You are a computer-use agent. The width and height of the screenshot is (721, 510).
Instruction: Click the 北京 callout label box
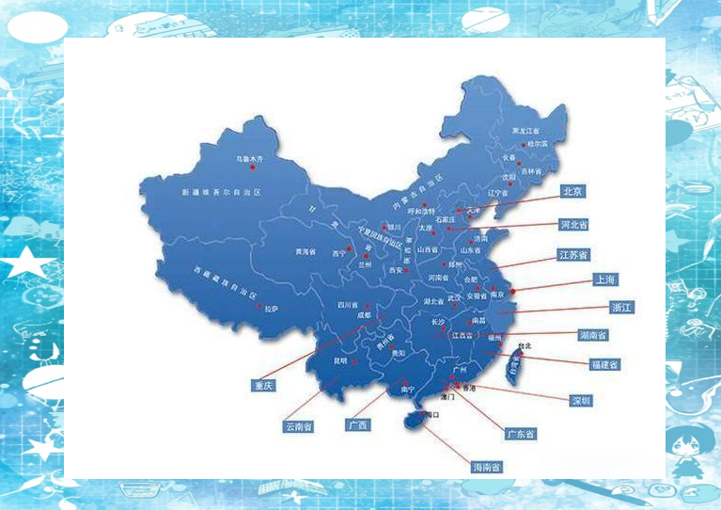click(x=572, y=191)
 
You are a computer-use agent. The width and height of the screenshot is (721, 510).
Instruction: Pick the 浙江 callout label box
click(x=622, y=308)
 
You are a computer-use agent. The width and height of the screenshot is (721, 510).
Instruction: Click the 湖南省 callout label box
click(x=592, y=335)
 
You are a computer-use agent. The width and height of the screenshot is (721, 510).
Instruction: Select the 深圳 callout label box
click(x=581, y=401)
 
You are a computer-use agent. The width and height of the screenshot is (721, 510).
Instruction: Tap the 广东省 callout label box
click(x=520, y=434)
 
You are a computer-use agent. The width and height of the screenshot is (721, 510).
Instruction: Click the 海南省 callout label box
click(x=486, y=467)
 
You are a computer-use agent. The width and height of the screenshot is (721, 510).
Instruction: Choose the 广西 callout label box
click(x=357, y=425)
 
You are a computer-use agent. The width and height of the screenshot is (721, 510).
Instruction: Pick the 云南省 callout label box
click(x=298, y=426)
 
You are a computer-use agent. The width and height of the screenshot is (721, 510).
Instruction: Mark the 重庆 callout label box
click(x=262, y=385)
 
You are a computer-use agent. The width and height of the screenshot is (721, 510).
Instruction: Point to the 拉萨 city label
click(x=272, y=308)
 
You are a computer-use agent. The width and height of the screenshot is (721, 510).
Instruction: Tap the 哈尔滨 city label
click(x=537, y=143)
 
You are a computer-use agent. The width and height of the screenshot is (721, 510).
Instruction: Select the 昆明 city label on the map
click(x=340, y=360)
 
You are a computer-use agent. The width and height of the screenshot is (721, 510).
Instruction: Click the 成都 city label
click(x=363, y=316)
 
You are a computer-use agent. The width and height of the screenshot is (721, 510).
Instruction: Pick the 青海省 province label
click(x=306, y=251)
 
